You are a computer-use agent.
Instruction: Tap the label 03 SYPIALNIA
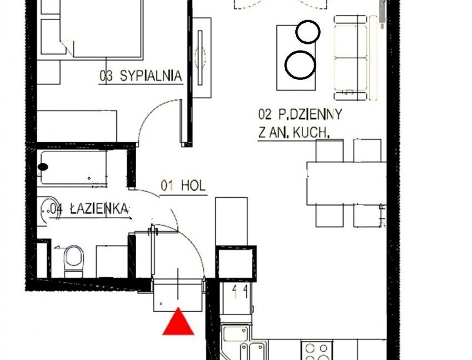pos(141,76)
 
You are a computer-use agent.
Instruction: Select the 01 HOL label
pos(183,186)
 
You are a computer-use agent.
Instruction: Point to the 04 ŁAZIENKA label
pos(89,209)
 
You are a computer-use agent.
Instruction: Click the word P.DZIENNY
pos(310,114)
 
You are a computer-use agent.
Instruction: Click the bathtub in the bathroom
pos(74,168)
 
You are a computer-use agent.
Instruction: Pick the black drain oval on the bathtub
pos(43,167)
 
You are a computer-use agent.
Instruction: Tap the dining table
pos(346,183)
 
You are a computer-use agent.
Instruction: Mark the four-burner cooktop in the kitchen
pos(316,351)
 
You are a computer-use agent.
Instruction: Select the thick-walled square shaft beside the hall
pos(236,263)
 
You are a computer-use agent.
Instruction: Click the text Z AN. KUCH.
pos(294,133)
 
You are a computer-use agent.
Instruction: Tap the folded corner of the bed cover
pos(67,48)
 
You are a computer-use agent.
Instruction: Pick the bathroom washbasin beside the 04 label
pos(48,211)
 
